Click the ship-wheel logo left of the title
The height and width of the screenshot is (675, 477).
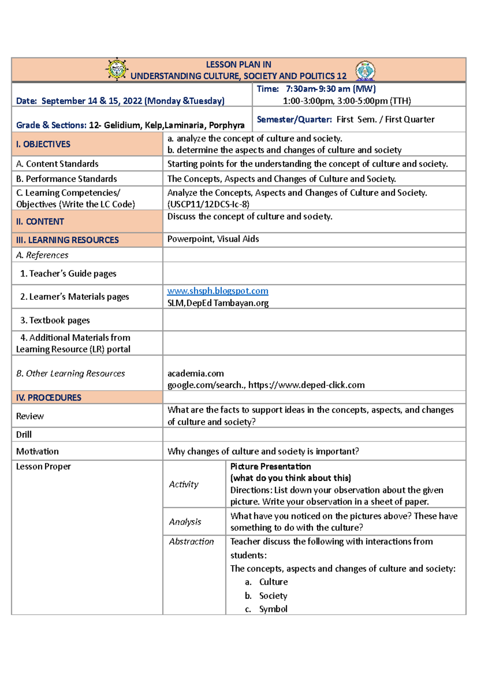click(117, 69)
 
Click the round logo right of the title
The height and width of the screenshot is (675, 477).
click(365, 71)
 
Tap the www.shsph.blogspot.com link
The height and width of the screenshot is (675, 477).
click(217, 291)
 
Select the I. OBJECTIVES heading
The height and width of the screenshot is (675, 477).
click(43, 144)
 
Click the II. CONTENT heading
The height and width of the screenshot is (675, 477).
click(40, 222)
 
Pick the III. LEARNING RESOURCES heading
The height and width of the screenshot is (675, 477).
click(68, 240)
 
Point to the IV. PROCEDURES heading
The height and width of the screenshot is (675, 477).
click(49, 398)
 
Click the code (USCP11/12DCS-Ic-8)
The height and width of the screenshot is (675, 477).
click(208, 204)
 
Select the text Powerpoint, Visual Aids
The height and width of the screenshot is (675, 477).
click(213, 239)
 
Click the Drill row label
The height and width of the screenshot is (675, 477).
click(24, 434)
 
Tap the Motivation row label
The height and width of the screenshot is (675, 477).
click(37, 451)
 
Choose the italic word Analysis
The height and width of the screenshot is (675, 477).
click(185, 522)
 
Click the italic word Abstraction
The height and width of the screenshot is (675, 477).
click(191, 541)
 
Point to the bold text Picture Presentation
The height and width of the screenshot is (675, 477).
click(271, 466)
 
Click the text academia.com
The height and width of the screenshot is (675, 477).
click(196, 373)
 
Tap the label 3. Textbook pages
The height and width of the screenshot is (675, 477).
click(55, 320)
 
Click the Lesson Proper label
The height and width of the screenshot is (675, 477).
click(43, 466)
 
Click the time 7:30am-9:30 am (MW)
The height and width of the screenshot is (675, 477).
click(331, 89)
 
